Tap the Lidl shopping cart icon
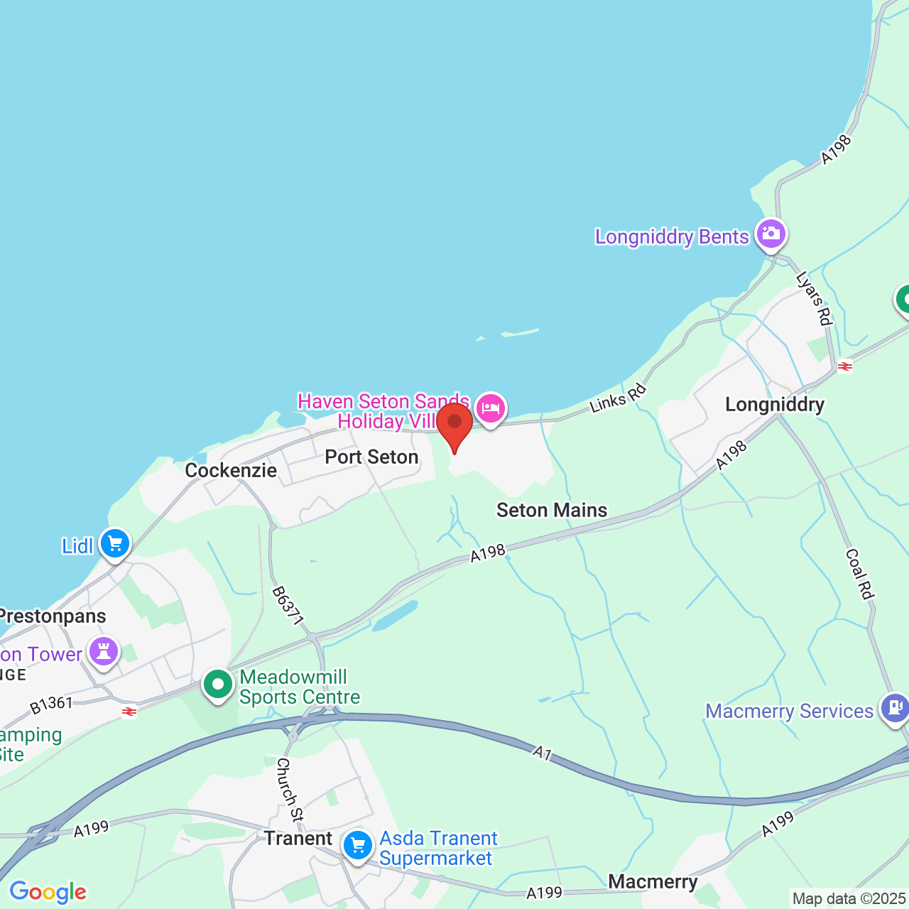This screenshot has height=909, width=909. tap(115, 545)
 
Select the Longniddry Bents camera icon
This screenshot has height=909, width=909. tap(771, 234)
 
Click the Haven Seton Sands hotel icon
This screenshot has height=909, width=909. tap(491, 408)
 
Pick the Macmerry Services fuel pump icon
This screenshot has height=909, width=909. tap(894, 707)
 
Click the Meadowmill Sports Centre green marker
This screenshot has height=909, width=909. tap(218, 685)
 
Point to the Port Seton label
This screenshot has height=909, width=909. tap(371, 457)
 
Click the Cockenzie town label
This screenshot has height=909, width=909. tap(231, 470)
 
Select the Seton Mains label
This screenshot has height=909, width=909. tap(552, 510)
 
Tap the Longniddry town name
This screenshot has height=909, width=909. tap(775, 405)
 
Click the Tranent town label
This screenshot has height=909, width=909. tap(298, 839)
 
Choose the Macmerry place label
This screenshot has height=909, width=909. tap(653, 882)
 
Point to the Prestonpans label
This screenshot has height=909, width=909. tap(53, 616)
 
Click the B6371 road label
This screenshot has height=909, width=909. tap(288, 606)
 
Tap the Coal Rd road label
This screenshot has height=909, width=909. tap(859, 574)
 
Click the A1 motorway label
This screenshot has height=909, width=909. tap(543, 752)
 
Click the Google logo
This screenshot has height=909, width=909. tap(48, 892)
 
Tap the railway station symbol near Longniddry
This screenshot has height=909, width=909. tap(844, 366)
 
